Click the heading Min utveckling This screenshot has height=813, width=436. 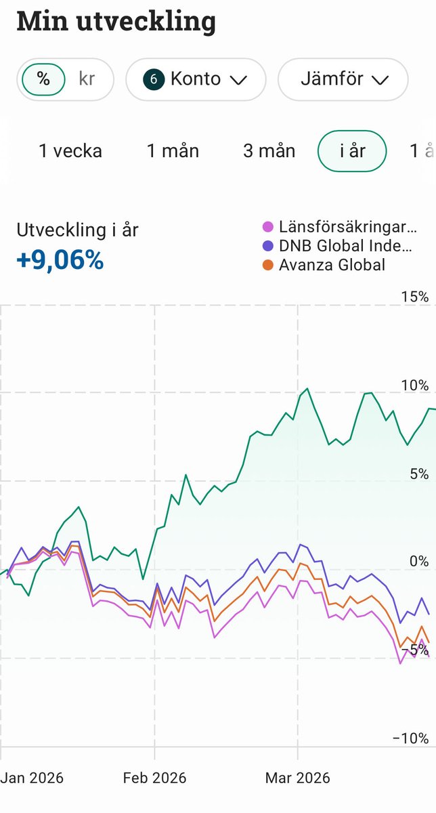click(116, 22)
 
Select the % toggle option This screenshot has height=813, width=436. click(43, 79)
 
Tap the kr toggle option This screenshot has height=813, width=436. click(87, 79)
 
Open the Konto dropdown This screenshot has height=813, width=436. click(196, 79)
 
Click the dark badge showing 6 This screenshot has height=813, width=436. click(153, 79)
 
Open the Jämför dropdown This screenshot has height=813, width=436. click(343, 79)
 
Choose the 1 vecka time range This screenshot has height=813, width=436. click(70, 150)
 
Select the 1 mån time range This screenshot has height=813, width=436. click(173, 150)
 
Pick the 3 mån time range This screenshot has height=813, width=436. click(269, 150)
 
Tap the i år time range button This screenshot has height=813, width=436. click(352, 150)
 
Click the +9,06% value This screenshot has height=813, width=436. click(60, 260)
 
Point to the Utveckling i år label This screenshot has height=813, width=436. click(77, 230)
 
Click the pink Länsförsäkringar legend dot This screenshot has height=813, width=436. click(268, 227)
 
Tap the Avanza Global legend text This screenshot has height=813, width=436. click(332, 265)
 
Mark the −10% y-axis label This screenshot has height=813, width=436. click(412, 738)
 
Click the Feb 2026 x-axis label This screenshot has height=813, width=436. click(154, 778)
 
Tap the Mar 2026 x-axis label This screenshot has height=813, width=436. click(298, 778)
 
